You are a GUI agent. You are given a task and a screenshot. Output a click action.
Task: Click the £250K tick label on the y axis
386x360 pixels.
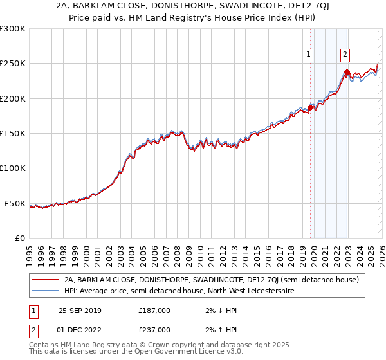[x=13, y=64]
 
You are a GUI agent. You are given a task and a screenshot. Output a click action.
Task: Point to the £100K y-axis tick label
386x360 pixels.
[x=13, y=168]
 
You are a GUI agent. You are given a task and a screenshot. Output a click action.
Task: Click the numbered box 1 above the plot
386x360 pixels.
[x=309, y=55]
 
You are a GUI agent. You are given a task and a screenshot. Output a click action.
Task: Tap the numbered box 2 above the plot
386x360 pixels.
[x=345, y=55]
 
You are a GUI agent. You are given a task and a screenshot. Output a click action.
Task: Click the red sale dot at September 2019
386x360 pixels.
[x=310, y=108]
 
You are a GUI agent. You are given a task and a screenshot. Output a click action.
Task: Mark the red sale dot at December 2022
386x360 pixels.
[x=347, y=73]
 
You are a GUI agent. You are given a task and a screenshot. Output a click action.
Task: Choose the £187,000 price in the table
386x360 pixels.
[x=154, y=310]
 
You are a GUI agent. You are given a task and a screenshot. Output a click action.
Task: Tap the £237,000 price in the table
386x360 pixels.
[x=154, y=329]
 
